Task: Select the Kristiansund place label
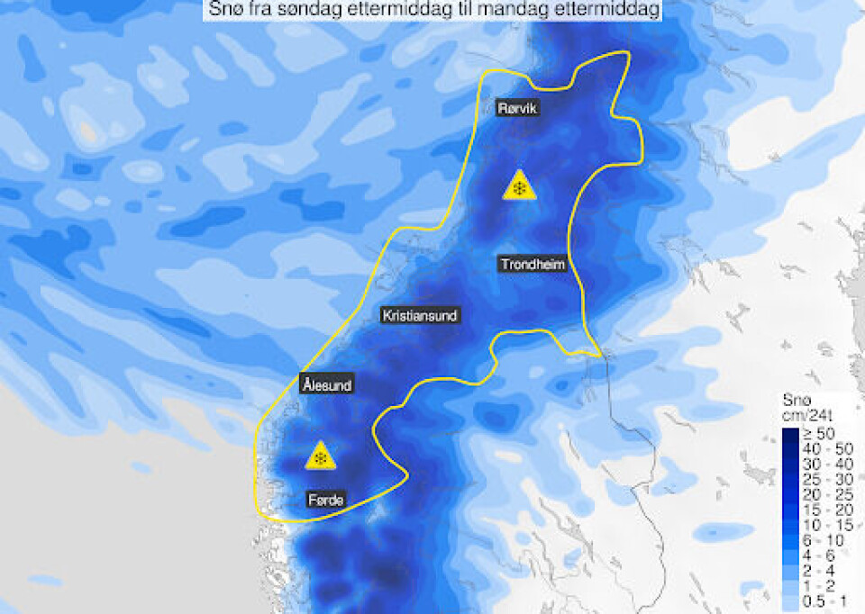[x=420, y=316]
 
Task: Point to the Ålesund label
[x=326, y=385]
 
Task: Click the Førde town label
[x=325, y=501]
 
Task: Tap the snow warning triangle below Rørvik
[x=519, y=186]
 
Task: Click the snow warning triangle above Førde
[x=320, y=457]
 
